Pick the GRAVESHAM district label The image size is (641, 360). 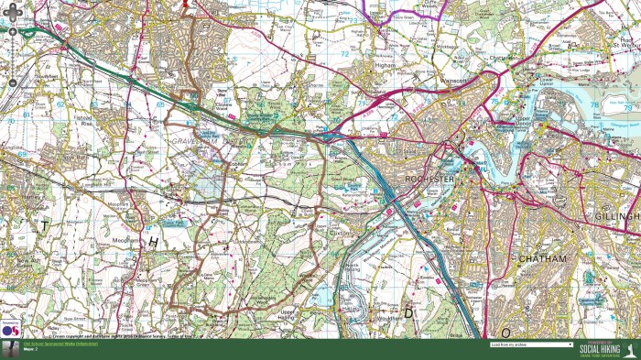pos(192,143)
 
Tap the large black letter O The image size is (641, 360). pos(505,331)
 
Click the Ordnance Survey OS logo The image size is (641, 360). pos(12,330)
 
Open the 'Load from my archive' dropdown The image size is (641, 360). pos(531,345)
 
